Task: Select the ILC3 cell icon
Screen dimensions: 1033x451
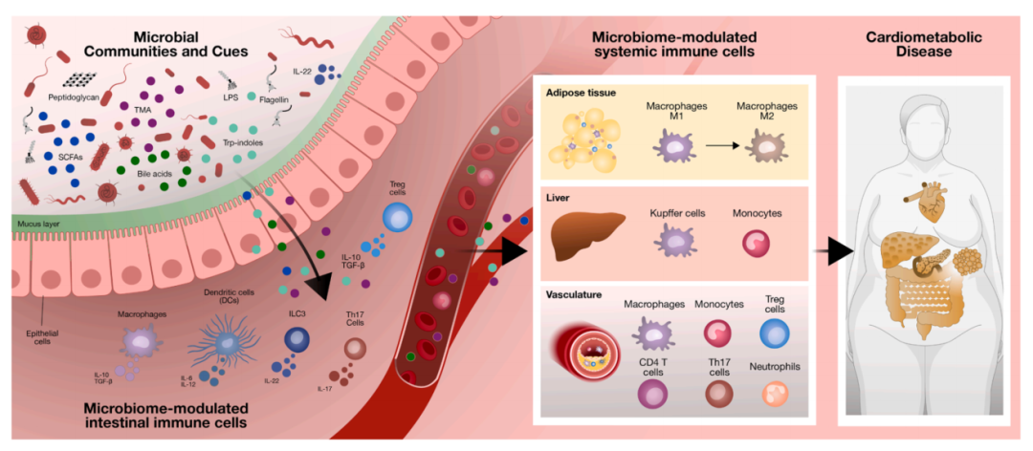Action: [x=296, y=340]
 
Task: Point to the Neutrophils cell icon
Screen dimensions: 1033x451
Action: [x=775, y=394]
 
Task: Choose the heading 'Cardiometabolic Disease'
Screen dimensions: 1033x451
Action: [x=920, y=45]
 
